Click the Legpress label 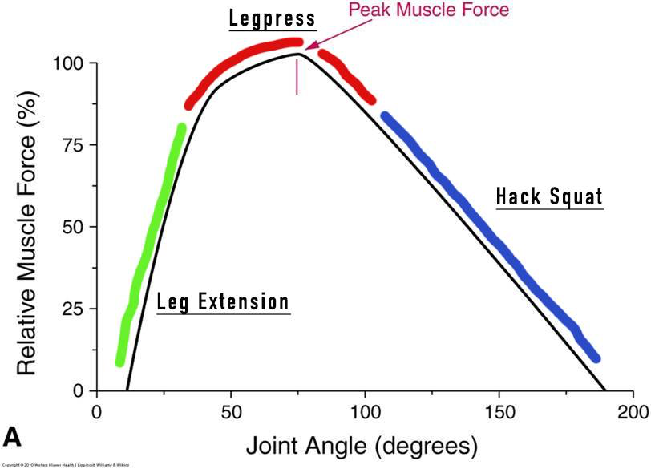point(271,18)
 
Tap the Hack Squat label point(549,196)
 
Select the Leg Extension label point(222,302)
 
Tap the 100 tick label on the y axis point(66,63)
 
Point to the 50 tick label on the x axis point(231,407)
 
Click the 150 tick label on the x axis point(499,407)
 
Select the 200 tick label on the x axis point(633,407)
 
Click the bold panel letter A point(13,436)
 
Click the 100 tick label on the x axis point(365,407)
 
